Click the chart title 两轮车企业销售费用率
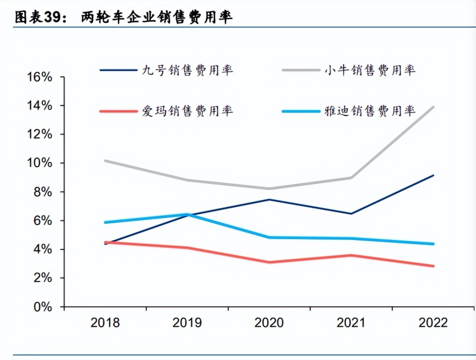coord(157,17)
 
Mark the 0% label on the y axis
coord(43,306)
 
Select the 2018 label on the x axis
coord(105,323)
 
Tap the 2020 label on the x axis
coord(269,323)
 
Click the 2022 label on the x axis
coord(433,323)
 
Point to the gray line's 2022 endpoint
coord(433,107)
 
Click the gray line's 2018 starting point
coord(106,161)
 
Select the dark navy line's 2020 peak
coord(269,199)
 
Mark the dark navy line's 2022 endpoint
coord(433,176)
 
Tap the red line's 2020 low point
coord(269,262)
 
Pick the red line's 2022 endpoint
coord(433,266)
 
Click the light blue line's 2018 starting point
coord(106,222)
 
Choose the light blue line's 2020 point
coord(269,238)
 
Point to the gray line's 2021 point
coord(352,178)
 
